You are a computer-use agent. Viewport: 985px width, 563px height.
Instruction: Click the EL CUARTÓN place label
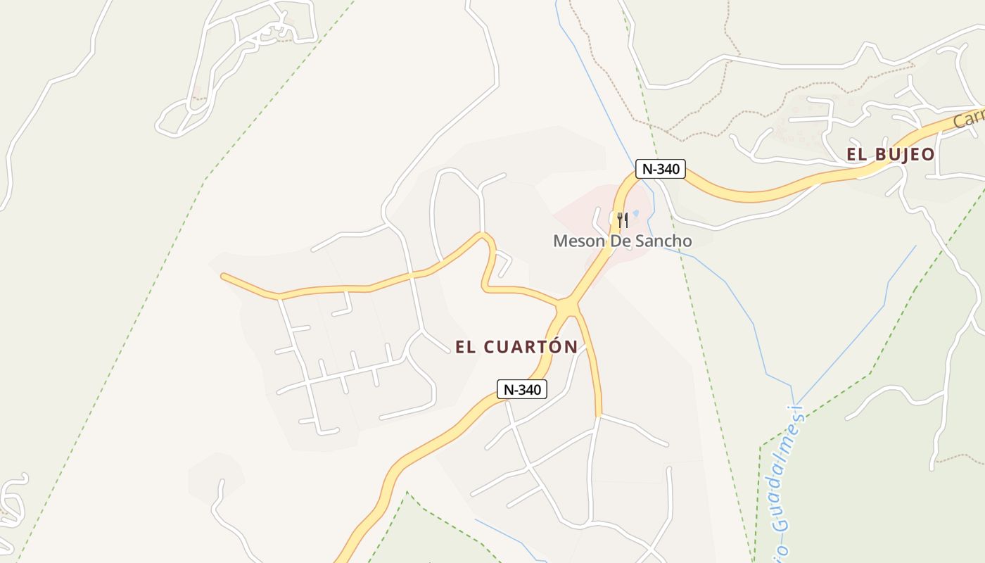[x=516, y=347]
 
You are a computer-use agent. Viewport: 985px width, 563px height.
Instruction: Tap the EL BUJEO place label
[x=890, y=155]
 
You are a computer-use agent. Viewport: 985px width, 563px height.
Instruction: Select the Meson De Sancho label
[x=622, y=241]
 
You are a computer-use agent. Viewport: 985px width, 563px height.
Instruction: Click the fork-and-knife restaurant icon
[x=622, y=220]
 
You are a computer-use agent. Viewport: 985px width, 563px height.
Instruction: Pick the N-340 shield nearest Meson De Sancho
[x=660, y=169]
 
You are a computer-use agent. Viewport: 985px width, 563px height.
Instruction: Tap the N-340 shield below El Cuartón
[x=521, y=390]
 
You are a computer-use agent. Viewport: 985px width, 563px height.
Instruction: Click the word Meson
[x=576, y=241]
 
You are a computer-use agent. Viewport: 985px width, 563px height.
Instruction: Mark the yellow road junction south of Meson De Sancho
[x=568, y=308]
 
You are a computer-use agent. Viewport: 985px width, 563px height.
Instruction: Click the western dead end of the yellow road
[x=224, y=276]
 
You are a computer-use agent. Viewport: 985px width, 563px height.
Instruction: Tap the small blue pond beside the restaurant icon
[x=635, y=213]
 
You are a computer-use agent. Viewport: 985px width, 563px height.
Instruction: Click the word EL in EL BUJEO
[x=856, y=155]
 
